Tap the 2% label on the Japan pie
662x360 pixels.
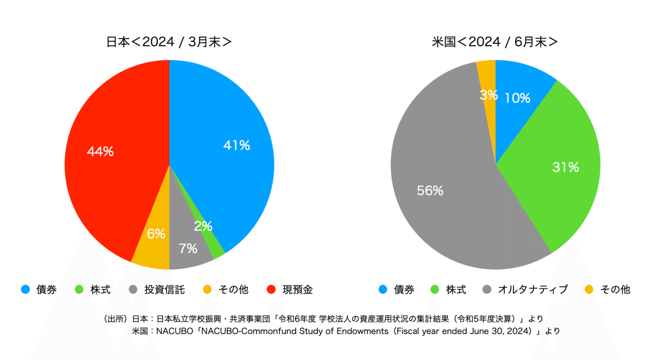pos(203,226)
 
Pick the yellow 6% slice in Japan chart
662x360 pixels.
pos(154,243)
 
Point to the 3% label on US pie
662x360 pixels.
pos(488,95)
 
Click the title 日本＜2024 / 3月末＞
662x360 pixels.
pos(169,42)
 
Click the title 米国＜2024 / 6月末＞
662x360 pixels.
pos(495,42)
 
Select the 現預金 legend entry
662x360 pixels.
pos(297,289)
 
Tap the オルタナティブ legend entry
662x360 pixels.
pos(532,289)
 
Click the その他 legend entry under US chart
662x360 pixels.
pos(615,289)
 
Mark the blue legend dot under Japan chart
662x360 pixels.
pos(25,289)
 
